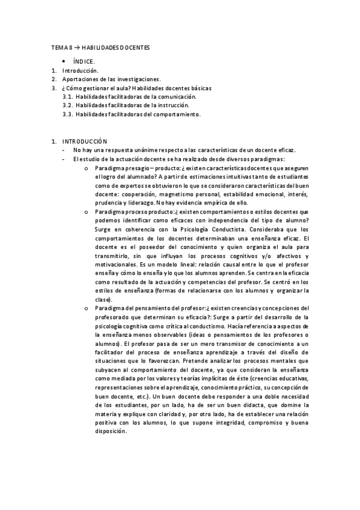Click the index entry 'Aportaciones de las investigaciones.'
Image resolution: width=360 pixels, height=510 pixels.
tap(111, 79)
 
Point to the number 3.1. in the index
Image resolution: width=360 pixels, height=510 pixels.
tap(68, 96)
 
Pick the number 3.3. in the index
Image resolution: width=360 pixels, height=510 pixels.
tap(68, 114)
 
